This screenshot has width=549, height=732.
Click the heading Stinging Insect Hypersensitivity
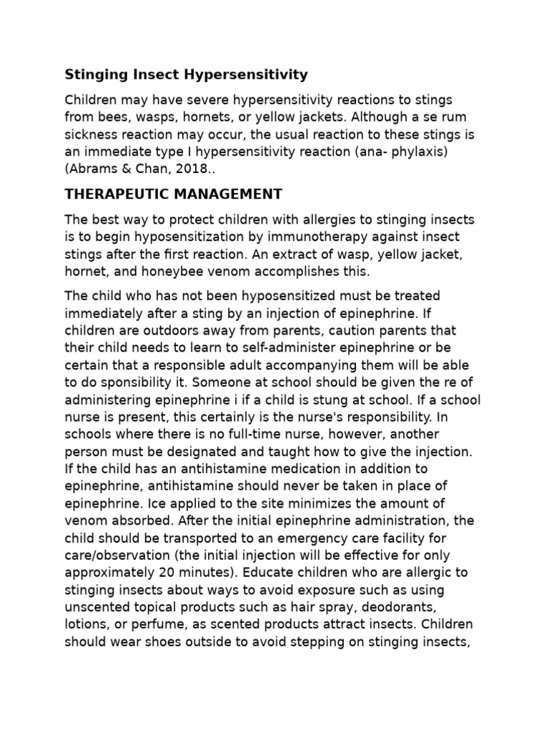pos(187,74)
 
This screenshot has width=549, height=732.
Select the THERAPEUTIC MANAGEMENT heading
pos(174,194)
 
